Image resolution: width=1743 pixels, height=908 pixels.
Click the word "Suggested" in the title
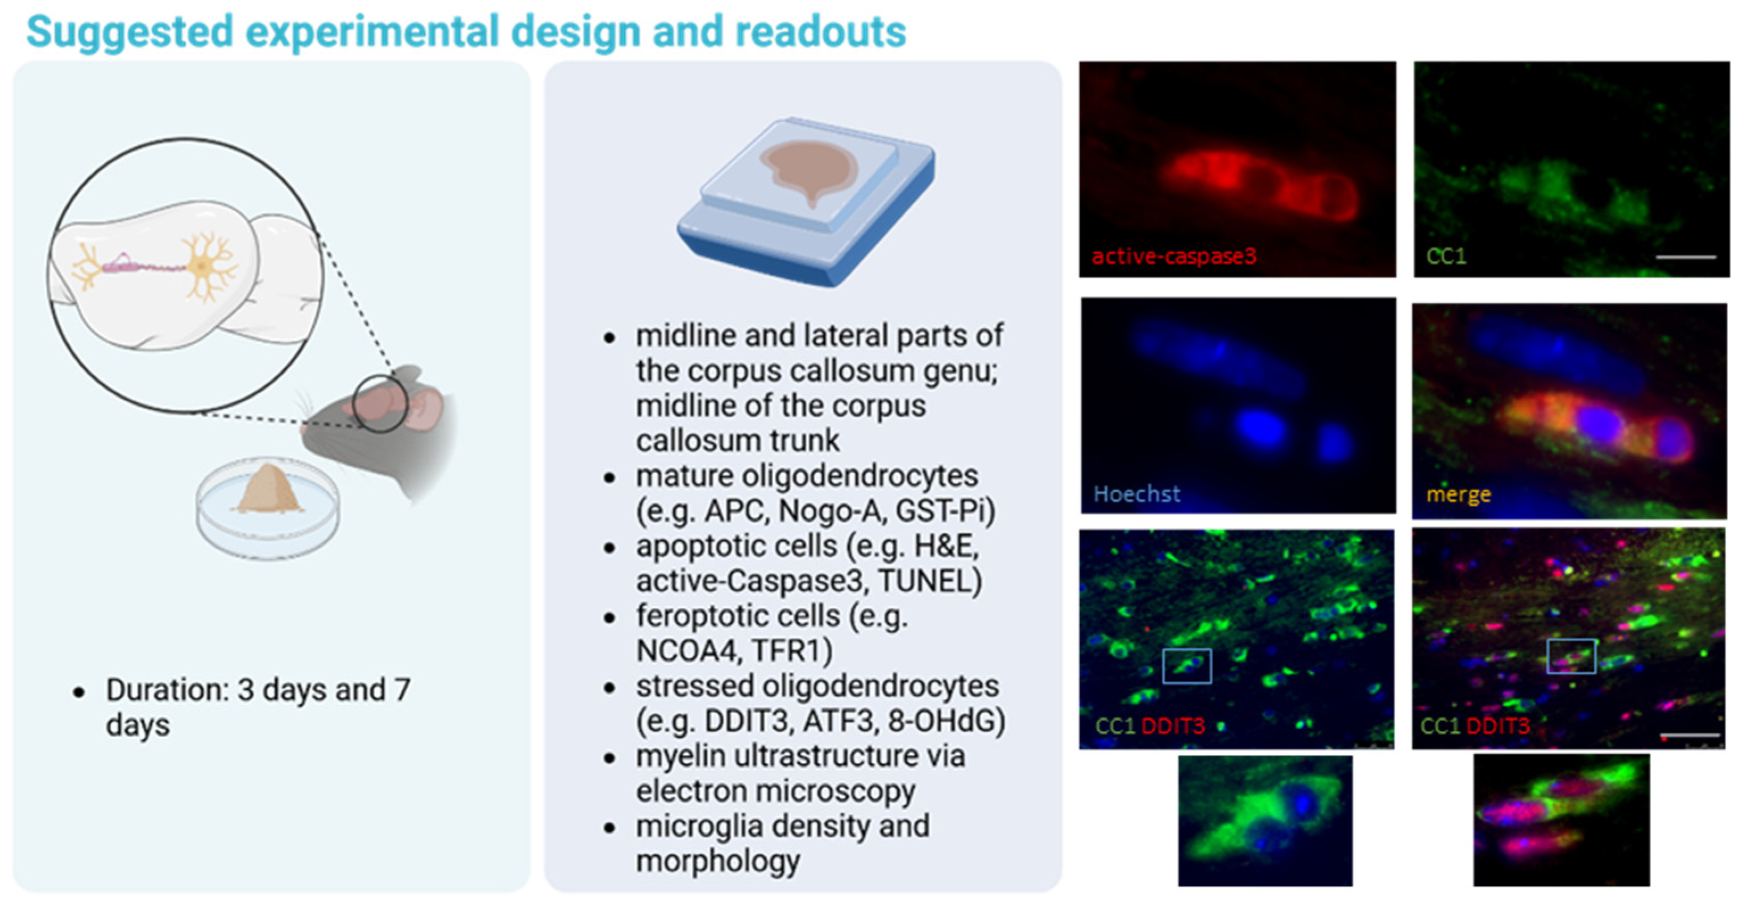(129, 32)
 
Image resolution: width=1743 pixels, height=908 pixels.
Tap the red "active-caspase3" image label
(1174, 256)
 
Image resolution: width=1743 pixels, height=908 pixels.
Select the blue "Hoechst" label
(1137, 494)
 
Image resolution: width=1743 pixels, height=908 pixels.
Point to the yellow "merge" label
(1458, 494)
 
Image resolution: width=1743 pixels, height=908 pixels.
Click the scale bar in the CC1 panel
(1686, 257)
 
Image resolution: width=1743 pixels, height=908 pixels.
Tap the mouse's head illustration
(379, 427)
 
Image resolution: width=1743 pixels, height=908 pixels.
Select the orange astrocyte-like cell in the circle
(203, 266)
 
